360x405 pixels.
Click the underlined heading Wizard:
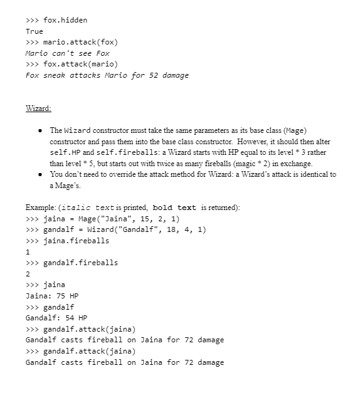[x=38, y=108]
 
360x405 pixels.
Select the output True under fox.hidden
[x=34, y=31]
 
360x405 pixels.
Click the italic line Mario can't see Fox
[x=67, y=53]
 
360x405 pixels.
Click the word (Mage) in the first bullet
[x=295, y=130]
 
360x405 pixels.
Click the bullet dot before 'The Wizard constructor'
[x=40, y=130]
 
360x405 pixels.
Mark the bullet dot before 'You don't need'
[x=40, y=174]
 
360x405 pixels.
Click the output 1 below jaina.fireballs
[x=28, y=251]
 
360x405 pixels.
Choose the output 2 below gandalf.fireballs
[x=28, y=273]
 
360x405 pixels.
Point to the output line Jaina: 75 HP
[x=52, y=295]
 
